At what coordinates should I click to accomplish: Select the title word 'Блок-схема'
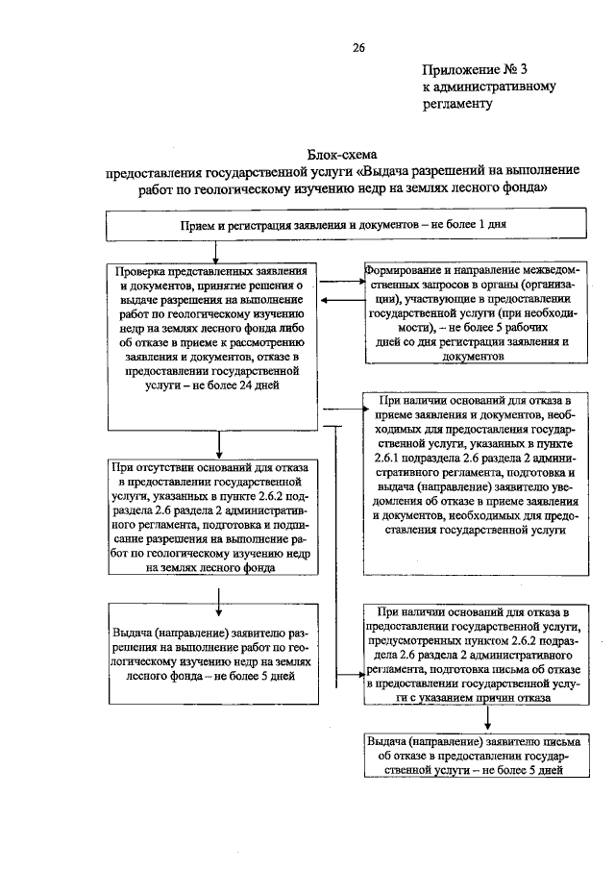(343, 154)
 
